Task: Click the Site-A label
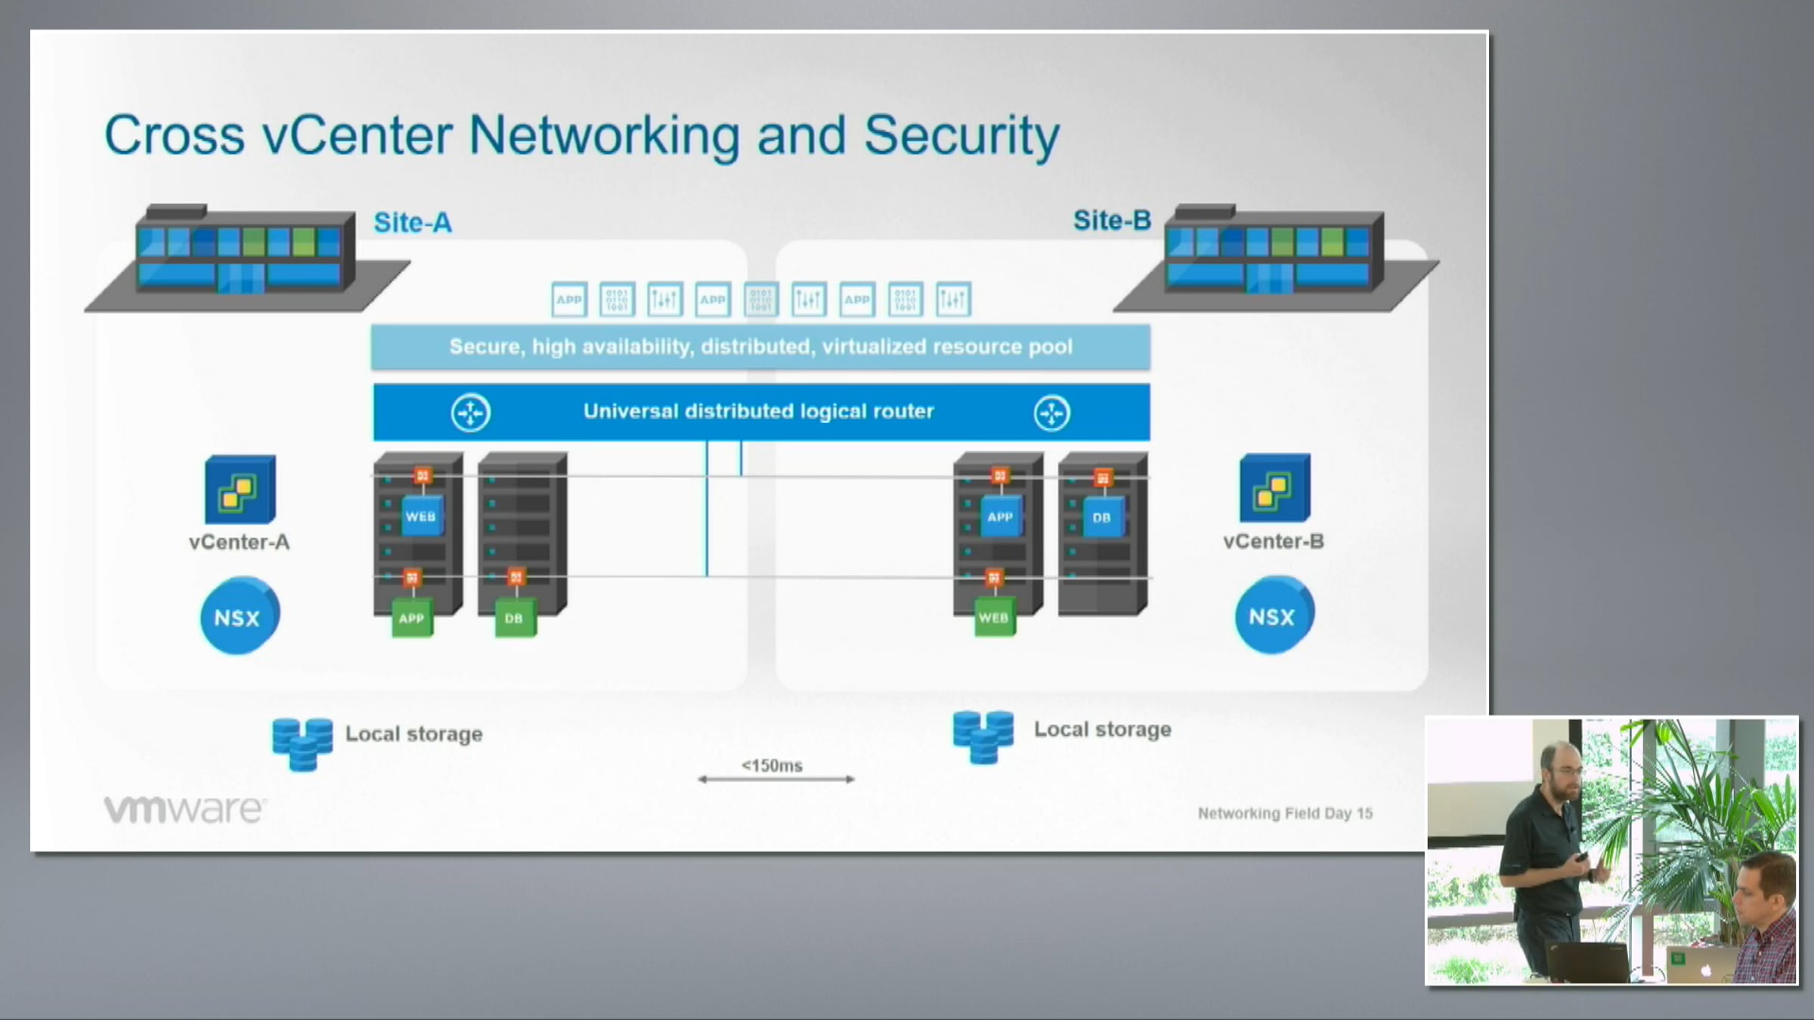point(413,223)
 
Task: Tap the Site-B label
point(1112,221)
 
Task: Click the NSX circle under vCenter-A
point(239,617)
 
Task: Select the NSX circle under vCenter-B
point(1274,616)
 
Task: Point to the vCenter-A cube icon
point(240,490)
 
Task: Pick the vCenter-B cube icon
point(1274,488)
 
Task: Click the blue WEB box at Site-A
point(421,517)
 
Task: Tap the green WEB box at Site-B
point(994,617)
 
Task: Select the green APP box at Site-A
point(412,618)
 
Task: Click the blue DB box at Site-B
point(1102,518)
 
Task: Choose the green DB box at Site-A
point(515,618)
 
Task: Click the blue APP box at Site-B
point(1000,517)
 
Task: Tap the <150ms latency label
point(772,765)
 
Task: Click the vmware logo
point(184,809)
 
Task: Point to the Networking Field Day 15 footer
point(1285,813)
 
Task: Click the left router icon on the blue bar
point(471,413)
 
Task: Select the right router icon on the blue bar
point(1051,413)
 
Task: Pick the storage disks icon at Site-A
point(302,743)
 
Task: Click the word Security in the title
point(961,136)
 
